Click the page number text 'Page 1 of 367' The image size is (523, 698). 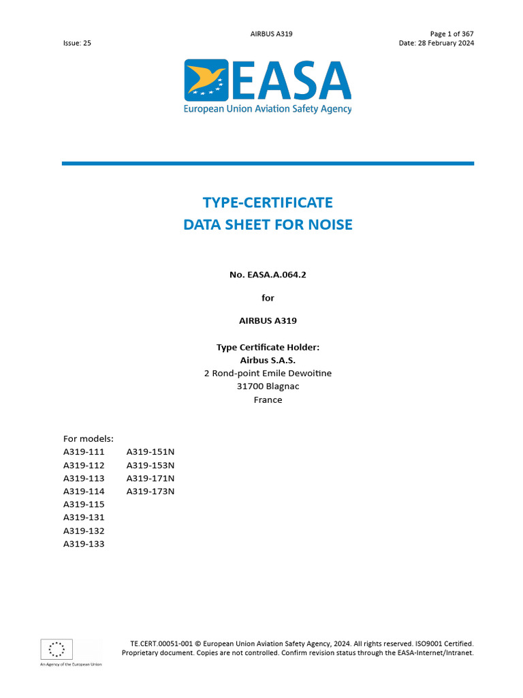coord(451,33)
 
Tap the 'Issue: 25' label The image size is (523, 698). coord(77,43)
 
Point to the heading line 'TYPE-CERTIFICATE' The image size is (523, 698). coord(268,202)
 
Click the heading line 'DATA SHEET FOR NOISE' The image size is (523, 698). coord(268,224)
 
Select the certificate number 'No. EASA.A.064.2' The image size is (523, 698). coord(268,275)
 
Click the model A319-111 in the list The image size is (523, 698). coord(84,452)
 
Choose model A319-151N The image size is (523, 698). coord(150,452)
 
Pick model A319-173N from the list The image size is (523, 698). coord(150,491)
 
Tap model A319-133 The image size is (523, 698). coord(84,544)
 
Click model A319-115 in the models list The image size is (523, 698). coord(84,504)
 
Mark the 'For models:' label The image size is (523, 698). coord(89,438)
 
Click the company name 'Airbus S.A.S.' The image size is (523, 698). coord(268,360)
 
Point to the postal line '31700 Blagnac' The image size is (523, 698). coord(268,386)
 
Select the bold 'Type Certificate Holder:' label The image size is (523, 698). coord(268,347)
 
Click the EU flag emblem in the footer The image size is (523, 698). coord(57,650)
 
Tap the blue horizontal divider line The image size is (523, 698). coord(268,164)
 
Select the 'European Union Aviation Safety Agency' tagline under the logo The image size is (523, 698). coord(268,109)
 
